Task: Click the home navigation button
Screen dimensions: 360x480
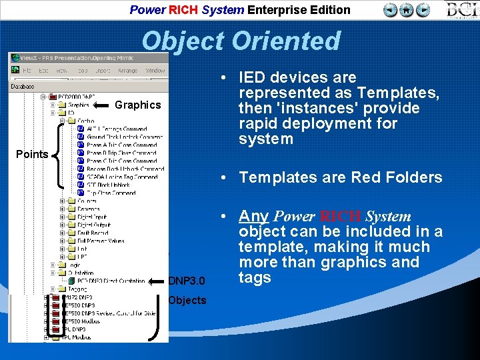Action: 407,10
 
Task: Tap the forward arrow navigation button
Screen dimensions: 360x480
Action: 423,10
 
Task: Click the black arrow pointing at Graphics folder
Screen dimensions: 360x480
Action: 101,105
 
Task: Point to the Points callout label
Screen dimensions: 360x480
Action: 32,154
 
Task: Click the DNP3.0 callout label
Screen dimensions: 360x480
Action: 187,281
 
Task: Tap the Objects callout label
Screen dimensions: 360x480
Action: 187,300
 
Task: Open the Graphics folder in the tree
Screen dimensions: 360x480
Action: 78,105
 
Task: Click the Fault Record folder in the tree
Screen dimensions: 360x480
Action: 91,233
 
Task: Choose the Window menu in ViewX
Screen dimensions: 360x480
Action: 155,70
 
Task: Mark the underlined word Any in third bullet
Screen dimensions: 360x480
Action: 253,216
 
